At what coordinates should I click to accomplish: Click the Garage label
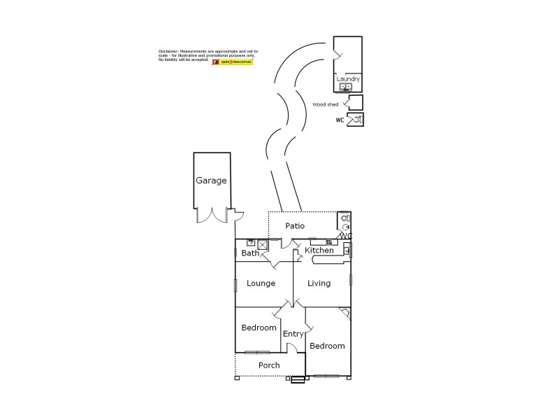[211, 181]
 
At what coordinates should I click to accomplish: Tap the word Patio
[295, 226]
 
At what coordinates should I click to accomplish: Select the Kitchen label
[319, 251]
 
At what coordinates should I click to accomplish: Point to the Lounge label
[261, 283]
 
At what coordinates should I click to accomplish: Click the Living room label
[319, 283]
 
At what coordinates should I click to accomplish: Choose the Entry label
[293, 334]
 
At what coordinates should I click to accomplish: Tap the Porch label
[269, 365]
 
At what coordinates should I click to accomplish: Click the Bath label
[249, 253]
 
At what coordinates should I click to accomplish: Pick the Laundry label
[348, 79]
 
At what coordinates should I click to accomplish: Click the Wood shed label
[325, 104]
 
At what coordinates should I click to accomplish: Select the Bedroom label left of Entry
[259, 328]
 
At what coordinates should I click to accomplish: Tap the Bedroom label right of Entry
[327, 346]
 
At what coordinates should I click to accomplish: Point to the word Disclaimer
[168, 52]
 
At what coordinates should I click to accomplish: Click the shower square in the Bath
[263, 244]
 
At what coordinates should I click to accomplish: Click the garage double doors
[212, 216]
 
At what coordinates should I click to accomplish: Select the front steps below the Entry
[298, 380]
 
